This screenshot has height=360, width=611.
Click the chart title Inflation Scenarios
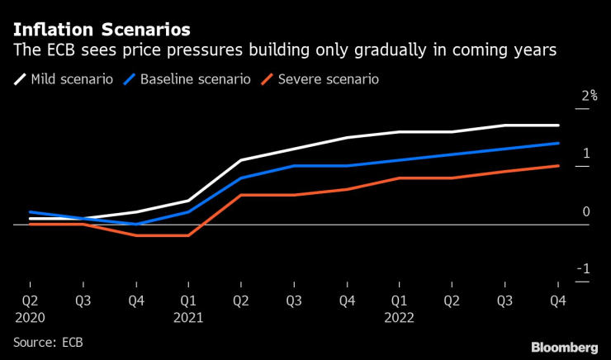pyautogui.click(x=102, y=30)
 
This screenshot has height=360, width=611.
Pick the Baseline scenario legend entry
pyautogui.click(x=189, y=80)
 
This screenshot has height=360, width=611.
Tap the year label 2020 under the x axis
pyautogui.click(x=29, y=316)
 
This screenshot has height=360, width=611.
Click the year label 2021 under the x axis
pyautogui.click(x=188, y=316)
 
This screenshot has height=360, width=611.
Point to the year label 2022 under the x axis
pyautogui.click(x=399, y=316)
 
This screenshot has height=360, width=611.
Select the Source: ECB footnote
pyautogui.click(x=48, y=341)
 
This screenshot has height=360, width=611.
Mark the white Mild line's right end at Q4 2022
pyautogui.click(x=559, y=126)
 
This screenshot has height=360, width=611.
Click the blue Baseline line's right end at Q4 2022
pyautogui.click(x=559, y=143)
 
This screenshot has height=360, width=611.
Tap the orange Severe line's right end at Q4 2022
pyautogui.click(x=559, y=166)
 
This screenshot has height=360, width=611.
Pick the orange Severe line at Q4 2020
pyautogui.click(x=135, y=235)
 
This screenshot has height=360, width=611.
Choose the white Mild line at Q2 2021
pyautogui.click(x=240, y=160)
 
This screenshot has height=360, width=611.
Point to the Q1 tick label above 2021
pyautogui.click(x=188, y=301)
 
